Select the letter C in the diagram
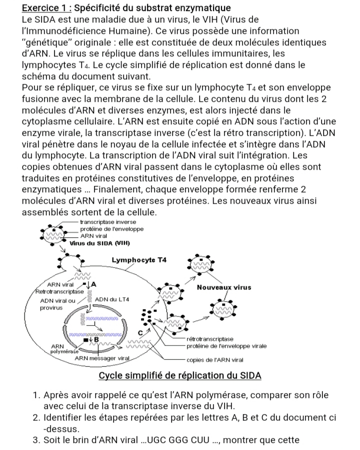point(141,332)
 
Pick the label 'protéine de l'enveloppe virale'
point(226,346)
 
